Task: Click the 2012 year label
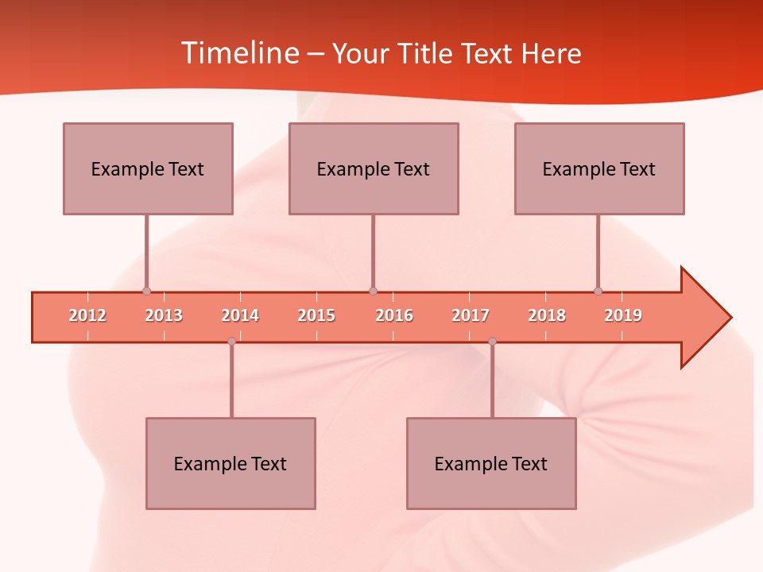(87, 316)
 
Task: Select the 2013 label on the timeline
(164, 316)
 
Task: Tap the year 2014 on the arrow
(240, 316)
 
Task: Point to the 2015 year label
(316, 316)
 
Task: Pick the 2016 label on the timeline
(394, 316)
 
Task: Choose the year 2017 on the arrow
(471, 316)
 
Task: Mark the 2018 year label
(547, 316)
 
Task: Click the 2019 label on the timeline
(623, 316)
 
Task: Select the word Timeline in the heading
(238, 53)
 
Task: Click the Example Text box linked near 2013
(148, 168)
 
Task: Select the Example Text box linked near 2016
(374, 168)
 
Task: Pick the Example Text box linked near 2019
(599, 168)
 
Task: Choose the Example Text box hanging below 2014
(230, 463)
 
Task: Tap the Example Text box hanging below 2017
(491, 463)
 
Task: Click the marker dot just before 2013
(146, 292)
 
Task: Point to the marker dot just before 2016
(373, 292)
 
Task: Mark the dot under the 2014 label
(231, 341)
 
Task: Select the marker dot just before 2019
(598, 292)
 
